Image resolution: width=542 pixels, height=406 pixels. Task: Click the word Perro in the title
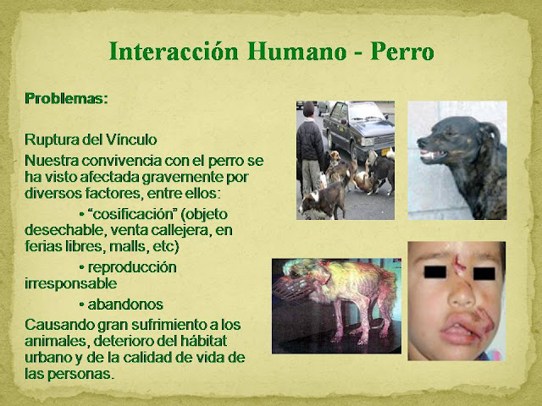pos(402,52)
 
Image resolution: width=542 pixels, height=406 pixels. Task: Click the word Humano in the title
pos(297,52)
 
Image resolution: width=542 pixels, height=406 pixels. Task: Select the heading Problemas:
pos(66,99)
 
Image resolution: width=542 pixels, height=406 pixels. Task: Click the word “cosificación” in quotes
pos(134,214)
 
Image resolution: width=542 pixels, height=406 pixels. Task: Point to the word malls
pos(128,246)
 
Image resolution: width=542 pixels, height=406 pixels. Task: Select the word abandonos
pos(125,304)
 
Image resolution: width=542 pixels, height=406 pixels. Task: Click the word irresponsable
pos(70,283)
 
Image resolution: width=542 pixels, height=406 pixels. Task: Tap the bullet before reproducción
pos(81,268)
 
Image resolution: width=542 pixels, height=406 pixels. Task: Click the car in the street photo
pos(358,129)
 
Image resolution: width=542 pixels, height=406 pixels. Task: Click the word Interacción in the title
pos(174,52)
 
